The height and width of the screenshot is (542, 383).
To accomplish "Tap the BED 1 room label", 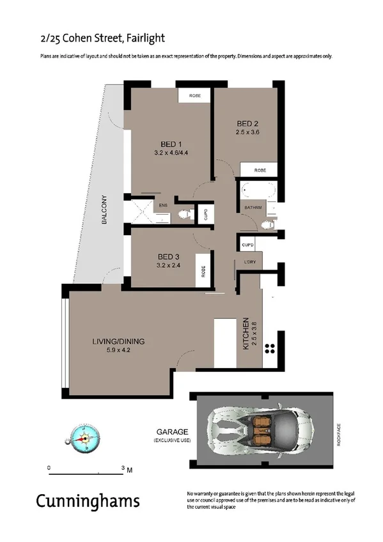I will pyautogui.click(x=171, y=144).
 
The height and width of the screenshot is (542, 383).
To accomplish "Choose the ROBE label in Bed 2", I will pyautogui.click(x=260, y=170).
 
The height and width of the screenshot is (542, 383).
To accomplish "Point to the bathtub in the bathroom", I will pyautogui.click(x=258, y=190).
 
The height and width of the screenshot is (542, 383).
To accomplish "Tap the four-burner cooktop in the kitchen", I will pyautogui.click(x=270, y=349).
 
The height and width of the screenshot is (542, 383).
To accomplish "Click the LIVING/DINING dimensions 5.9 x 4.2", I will pyautogui.click(x=118, y=350).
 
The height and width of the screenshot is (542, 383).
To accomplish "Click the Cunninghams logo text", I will pyautogui.click(x=88, y=500).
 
